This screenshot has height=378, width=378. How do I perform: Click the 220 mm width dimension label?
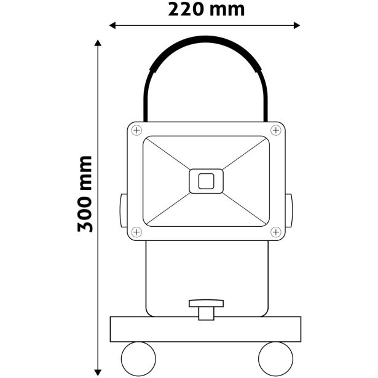[x=206, y=9]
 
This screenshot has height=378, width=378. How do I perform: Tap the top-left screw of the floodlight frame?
[x=136, y=130]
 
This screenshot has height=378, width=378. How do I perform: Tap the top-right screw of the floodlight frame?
[x=276, y=130]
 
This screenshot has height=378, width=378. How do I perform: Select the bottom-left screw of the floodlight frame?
[x=136, y=232]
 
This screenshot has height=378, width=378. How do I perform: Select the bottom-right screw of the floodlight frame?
[x=276, y=232]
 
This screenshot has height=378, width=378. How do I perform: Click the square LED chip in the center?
[x=206, y=181]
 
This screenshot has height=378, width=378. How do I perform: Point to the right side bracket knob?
[x=288, y=210]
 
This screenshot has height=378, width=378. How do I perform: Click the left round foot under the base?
[x=139, y=356]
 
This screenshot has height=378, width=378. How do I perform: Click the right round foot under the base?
[x=274, y=356]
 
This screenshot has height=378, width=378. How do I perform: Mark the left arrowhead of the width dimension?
[x=112, y=25]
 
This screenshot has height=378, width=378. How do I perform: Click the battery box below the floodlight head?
[x=206, y=277]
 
